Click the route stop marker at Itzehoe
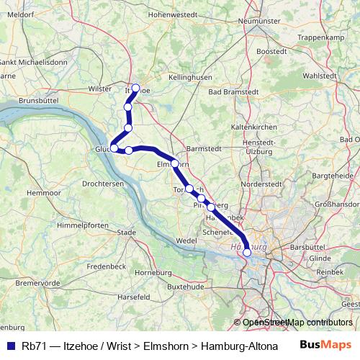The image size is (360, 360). pyautogui.click(x=135, y=88)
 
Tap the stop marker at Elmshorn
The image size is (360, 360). pyautogui.click(x=174, y=163)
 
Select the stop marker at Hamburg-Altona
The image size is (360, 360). pyautogui.click(x=247, y=252)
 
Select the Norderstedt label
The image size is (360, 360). pyautogui.click(x=259, y=184)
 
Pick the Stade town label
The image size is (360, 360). pyautogui.click(x=126, y=233)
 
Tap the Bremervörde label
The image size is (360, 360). pyautogui.click(x=37, y=283)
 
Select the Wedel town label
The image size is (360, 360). pyautogui.click(x=186, y=240)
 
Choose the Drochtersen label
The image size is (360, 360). pyautogui.click(x=103, y=184)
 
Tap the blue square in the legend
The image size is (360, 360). pyautogui.click(x=9, y=346)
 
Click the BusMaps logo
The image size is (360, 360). pyautogui.click(x=324, y=345)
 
